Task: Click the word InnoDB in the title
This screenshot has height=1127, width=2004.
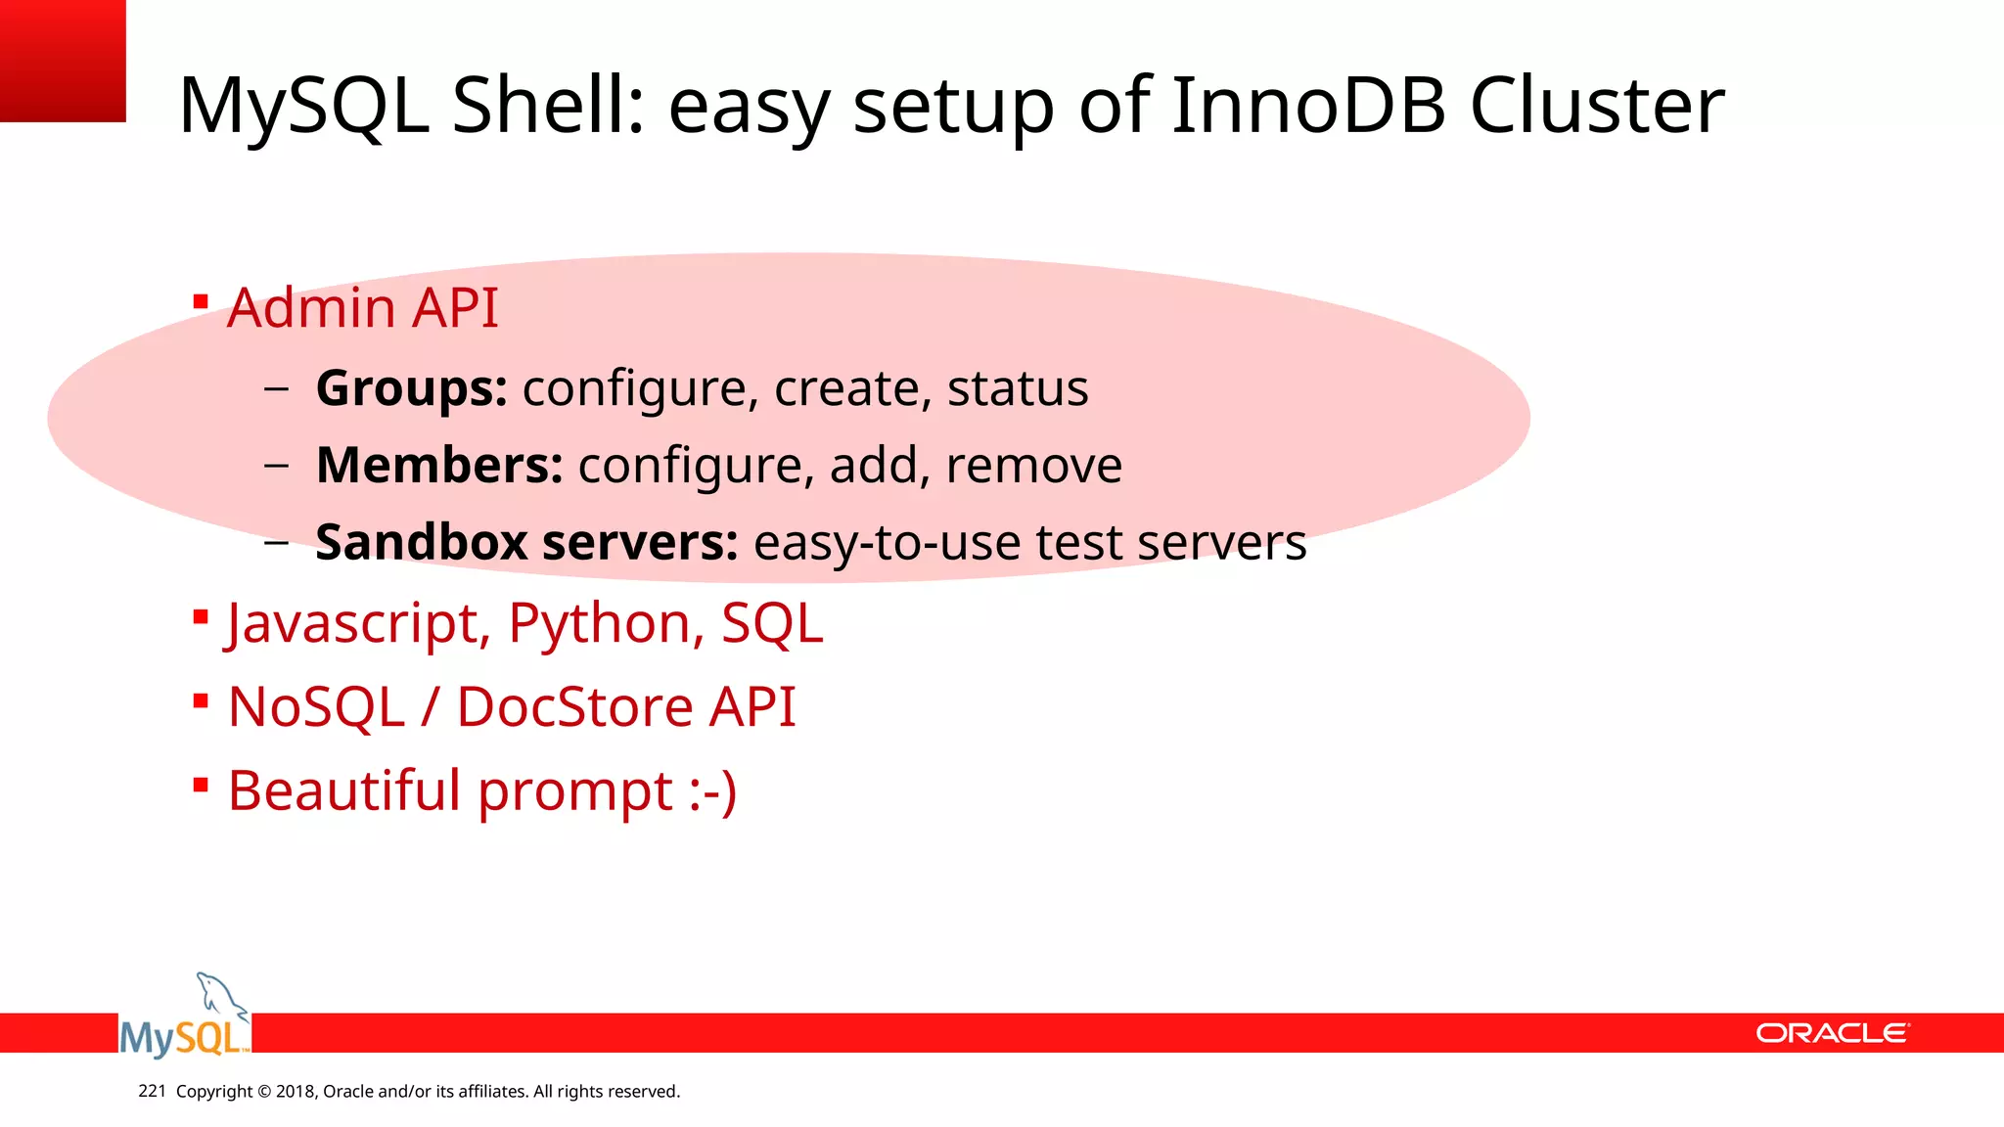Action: [1308, 106]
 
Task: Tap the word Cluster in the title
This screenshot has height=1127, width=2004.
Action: [1597, 106]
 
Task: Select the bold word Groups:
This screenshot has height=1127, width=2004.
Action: [411, 389]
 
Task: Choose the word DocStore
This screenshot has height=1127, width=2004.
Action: [574, 706]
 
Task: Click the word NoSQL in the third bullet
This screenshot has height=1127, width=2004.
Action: [316, 706]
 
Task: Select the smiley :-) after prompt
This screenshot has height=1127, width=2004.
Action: [712, 790]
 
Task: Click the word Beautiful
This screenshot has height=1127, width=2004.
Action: [343, 790]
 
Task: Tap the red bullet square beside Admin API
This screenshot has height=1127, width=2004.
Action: [201, 302]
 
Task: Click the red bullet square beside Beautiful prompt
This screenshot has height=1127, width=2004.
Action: [201, 785]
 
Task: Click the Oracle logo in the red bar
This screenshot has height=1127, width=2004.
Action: [1831, 1033]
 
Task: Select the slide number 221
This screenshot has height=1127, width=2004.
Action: [152, 1091]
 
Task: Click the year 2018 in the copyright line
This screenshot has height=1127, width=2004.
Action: [295, 1092]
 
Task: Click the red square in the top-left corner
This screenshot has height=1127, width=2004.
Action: [63, 61]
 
